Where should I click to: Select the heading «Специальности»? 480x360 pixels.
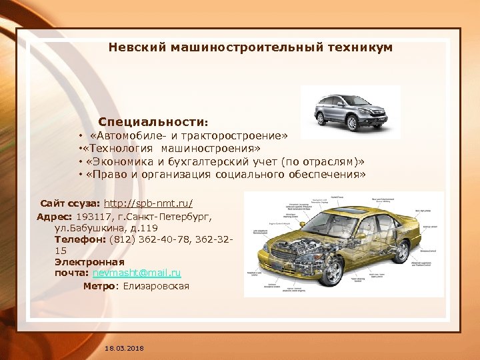pyautogui.click(x=152, y=123)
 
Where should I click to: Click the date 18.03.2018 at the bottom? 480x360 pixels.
pyautogui.click(x=124, y=349)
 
